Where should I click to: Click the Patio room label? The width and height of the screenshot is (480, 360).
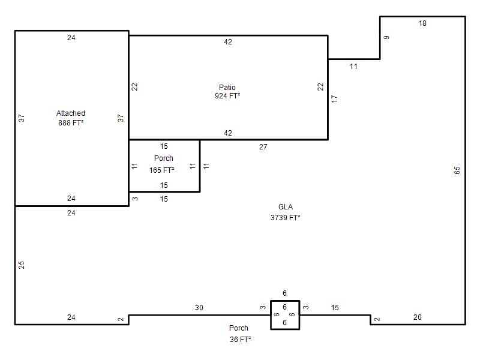pos(227,87)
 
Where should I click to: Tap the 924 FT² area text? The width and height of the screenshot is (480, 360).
pos(227,96)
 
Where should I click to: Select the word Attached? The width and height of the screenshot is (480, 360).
pos(71,113)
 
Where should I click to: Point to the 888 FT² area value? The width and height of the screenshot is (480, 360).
pos(71,123)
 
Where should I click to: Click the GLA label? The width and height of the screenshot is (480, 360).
pos(286,207)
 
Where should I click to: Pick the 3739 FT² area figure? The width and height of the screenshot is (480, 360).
pos(285,218)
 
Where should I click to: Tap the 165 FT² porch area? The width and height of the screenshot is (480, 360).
pos(161,170)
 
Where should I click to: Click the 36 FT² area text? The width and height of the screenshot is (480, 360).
pos(241,340)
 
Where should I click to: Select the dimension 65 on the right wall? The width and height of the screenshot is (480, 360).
pos(457,170)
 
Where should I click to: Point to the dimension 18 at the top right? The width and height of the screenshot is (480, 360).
pos(422,23)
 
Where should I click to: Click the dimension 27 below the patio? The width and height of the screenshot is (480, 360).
pos(263,147)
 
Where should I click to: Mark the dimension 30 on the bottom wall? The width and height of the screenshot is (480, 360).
pos(199,308)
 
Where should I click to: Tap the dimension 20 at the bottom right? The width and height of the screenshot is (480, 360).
pos(417,317)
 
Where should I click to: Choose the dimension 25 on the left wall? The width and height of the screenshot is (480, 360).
pos(22,265)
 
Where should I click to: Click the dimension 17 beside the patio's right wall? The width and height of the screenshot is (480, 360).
pos(334,98)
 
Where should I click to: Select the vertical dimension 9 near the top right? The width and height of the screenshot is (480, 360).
pos(386,37)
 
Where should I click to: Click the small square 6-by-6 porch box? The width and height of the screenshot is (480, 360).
pos(285,301)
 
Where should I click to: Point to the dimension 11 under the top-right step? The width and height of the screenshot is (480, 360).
pos(353,67)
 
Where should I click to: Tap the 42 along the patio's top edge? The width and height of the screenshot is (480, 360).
pos(228,42)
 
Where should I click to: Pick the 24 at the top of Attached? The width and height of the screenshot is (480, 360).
pos(71,38)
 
